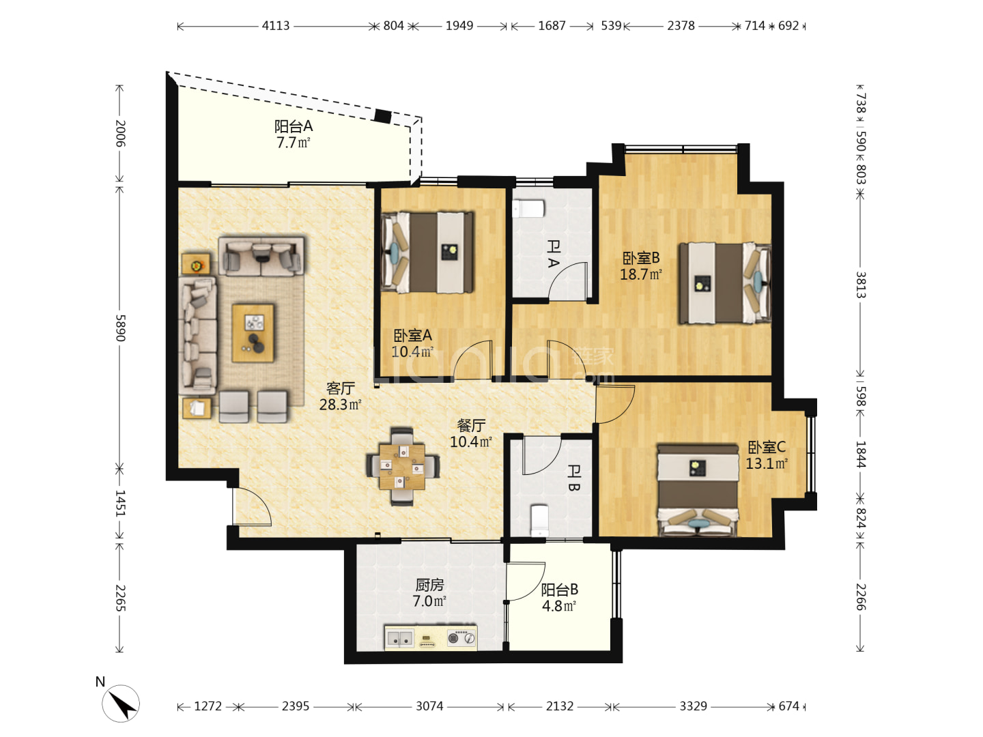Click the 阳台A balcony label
[x=294, y=127]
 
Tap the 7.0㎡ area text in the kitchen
[x=429, y=601]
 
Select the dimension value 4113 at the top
[x=275, y=26]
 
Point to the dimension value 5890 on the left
[x=120, y=328]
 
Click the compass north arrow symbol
[x=122, y=704]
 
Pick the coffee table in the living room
[x=253, y=334]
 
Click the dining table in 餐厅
[x=402, y=466]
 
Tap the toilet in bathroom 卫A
[x=528, y=209]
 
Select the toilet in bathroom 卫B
[x=540, y=521]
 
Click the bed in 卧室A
[x=427, y=252]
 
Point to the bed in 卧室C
[x=698, y=490]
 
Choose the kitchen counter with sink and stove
[x=430, y=637]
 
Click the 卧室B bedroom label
[x=641, y=258]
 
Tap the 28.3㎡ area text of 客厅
[x=340, y=405]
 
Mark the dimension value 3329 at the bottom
[x=694, y=706]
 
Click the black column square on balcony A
[x=383, y=116]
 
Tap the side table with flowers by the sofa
[x=196, y=265]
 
